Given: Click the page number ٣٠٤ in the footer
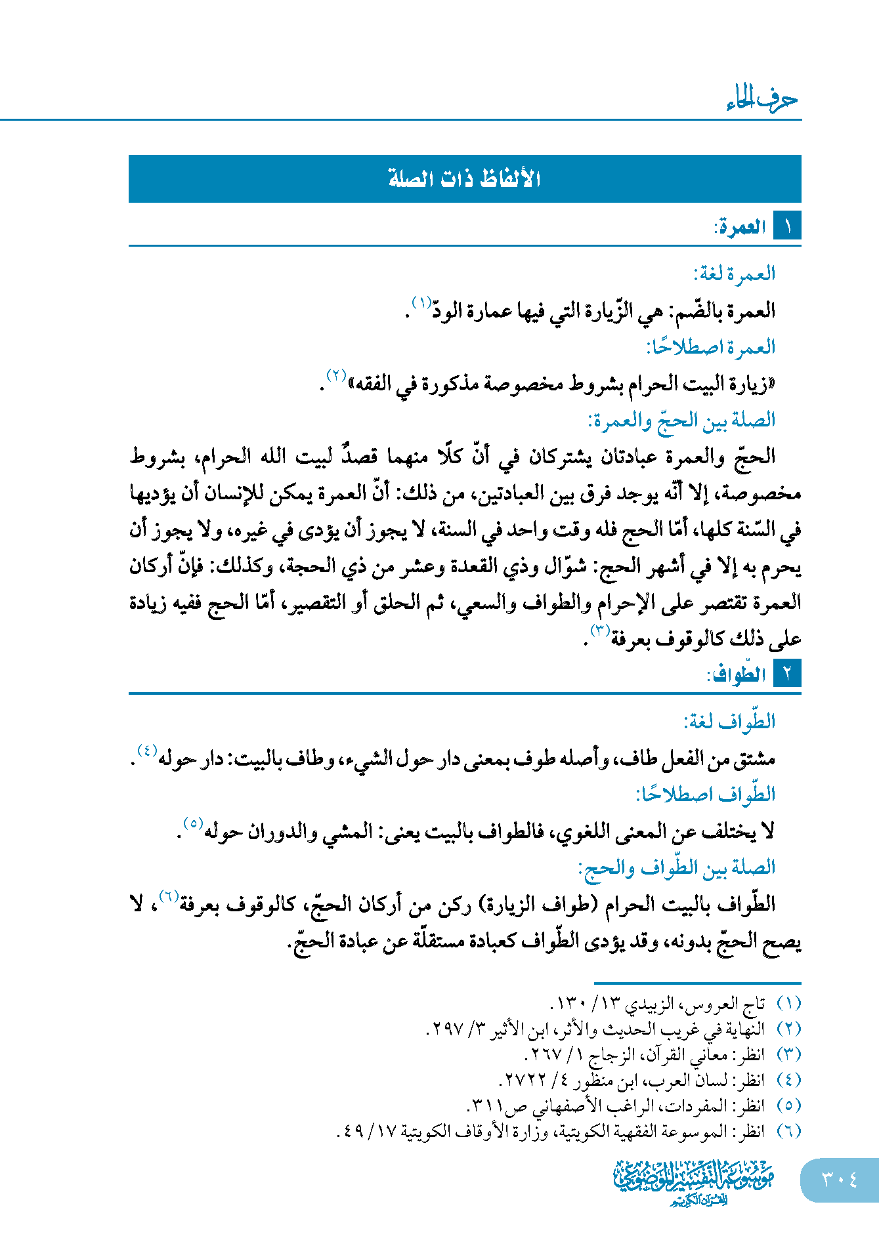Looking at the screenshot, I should click(x=839, y=1179).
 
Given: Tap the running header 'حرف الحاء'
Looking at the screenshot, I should click(x=761, y=100).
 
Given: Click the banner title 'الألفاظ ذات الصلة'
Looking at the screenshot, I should click(x=465, y=178).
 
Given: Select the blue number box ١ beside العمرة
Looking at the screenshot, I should click(x=787, y=227).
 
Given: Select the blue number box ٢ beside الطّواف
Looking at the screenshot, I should click(x=787, y=674).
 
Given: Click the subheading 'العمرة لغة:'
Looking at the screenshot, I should click(x=735, y=273).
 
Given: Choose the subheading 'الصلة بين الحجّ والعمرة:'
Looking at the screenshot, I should click(x=682, y=420).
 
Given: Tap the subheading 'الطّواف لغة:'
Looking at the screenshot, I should click(x=729, y=722).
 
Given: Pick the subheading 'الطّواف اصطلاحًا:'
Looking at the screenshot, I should click(x=706, y=795).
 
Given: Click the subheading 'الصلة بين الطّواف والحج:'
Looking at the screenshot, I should click(x=677, y=868).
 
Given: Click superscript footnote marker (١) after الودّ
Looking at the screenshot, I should click(x=421, y=302).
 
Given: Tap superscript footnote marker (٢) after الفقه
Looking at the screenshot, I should click(x=336, y=376).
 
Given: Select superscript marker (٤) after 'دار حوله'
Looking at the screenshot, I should click(x=146, y=750).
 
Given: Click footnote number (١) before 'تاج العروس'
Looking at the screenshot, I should click(x=788, y=1004).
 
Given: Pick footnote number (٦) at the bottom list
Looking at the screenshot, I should click(x=788, y=1131).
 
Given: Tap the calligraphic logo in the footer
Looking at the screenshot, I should click(x=694, y=1182).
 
